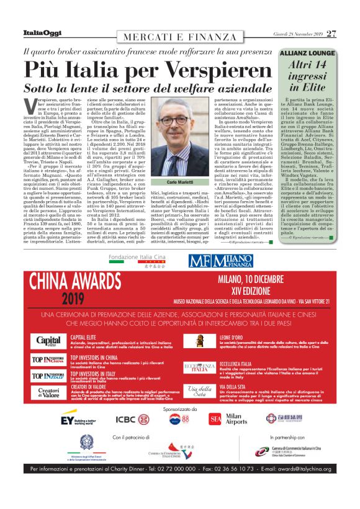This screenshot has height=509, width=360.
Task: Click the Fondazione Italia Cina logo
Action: pos(147,258)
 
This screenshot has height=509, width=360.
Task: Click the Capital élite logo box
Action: pos(49,341)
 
